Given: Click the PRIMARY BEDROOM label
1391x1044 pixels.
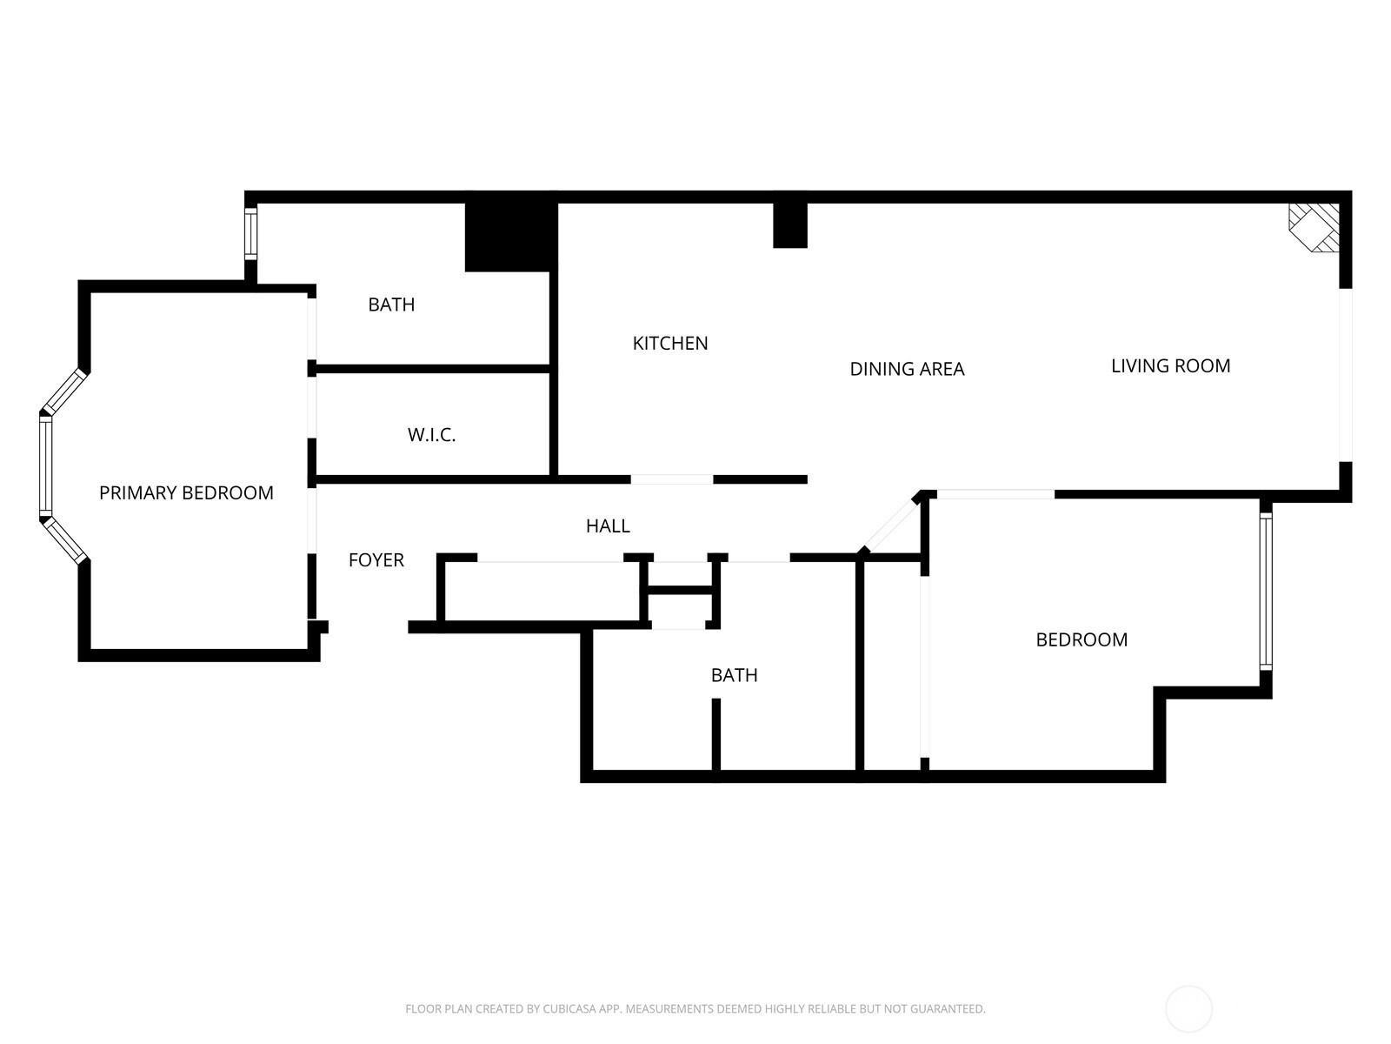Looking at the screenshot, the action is (186, 492).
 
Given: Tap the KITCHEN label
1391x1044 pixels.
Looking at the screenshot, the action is (669, 343).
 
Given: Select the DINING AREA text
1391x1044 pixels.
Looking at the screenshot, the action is (907, 369).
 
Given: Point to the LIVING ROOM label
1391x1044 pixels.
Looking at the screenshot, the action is (1170, 365).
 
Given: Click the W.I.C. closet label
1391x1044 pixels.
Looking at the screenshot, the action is (431, 435).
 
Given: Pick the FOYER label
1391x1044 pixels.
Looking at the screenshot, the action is (376, 559).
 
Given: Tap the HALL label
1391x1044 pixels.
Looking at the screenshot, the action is (608, 525).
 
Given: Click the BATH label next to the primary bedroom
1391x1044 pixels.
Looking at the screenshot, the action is (391, 304).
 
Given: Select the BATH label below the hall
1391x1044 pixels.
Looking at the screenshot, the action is (734, 675).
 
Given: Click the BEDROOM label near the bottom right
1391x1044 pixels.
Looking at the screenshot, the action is (1082, 639).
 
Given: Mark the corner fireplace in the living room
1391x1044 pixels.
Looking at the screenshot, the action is (1314, 228).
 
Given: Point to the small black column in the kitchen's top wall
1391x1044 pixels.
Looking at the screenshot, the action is (790, 225).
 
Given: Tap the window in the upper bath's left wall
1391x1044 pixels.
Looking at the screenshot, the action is (251, 233).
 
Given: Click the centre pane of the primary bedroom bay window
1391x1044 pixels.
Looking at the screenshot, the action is (45, 466).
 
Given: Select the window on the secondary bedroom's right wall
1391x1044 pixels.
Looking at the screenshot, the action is (1266, 591).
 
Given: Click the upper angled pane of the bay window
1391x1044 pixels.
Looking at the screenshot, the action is (64, 391).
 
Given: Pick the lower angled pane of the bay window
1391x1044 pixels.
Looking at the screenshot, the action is (64, 540).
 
